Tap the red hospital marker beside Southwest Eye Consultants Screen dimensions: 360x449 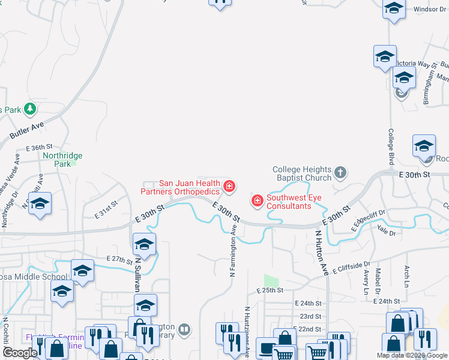click(258, 200)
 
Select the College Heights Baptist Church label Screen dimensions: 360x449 click(302, 173)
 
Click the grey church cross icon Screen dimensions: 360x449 click(340, 173)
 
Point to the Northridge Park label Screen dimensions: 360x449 click(62, 159)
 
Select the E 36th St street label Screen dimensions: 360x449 click(40, 147)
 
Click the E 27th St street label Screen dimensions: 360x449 click(118, 258)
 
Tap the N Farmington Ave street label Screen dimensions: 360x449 click(232, 251)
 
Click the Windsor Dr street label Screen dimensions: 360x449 click(430, 10)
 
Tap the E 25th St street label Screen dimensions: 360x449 click(268, 290)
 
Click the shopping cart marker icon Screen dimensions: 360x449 click(316, 352)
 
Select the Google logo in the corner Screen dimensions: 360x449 click(19, 353)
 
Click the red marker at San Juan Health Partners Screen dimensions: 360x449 click(229, 187)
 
